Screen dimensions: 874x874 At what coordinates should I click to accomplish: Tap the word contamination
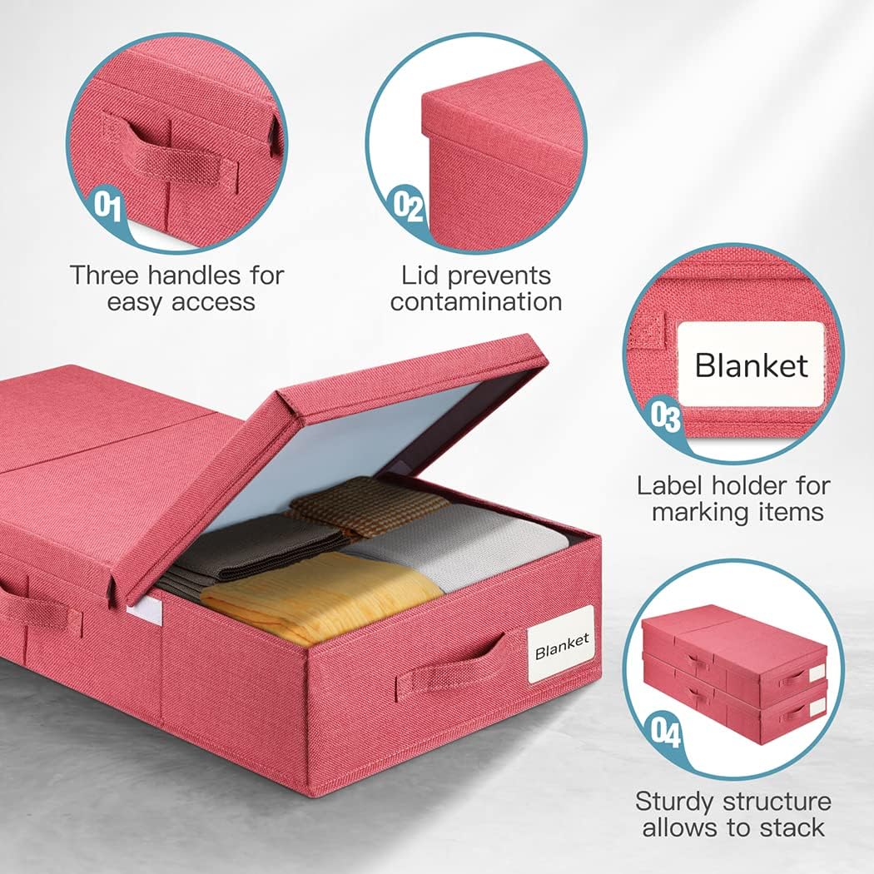tap(475, 301)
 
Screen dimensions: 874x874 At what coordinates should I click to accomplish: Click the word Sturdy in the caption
tap(674, 801)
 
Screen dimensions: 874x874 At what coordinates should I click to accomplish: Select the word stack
tap(788, 827)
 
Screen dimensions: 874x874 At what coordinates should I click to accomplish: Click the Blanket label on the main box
tap(562, 643)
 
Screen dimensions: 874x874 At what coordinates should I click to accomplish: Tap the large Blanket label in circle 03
tap(751, 365)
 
